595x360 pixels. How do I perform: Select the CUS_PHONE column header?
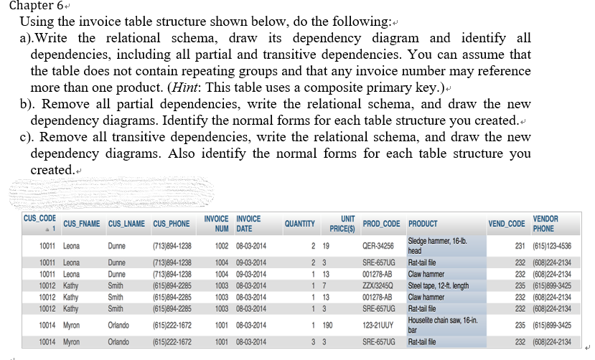tap(171, 224)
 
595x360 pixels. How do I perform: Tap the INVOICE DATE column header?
tap(249, 223)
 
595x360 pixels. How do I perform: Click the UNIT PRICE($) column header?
tap(344, 223)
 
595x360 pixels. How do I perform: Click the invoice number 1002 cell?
tap(222, 246)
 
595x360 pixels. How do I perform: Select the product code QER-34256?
tap(378, 246)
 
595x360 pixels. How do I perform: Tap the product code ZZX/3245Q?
tap(378, 285)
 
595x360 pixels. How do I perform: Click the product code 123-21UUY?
tap(378, 325)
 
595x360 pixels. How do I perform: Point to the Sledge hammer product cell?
tap(437, 246)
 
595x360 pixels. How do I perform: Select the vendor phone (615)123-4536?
tap(553, 246)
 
